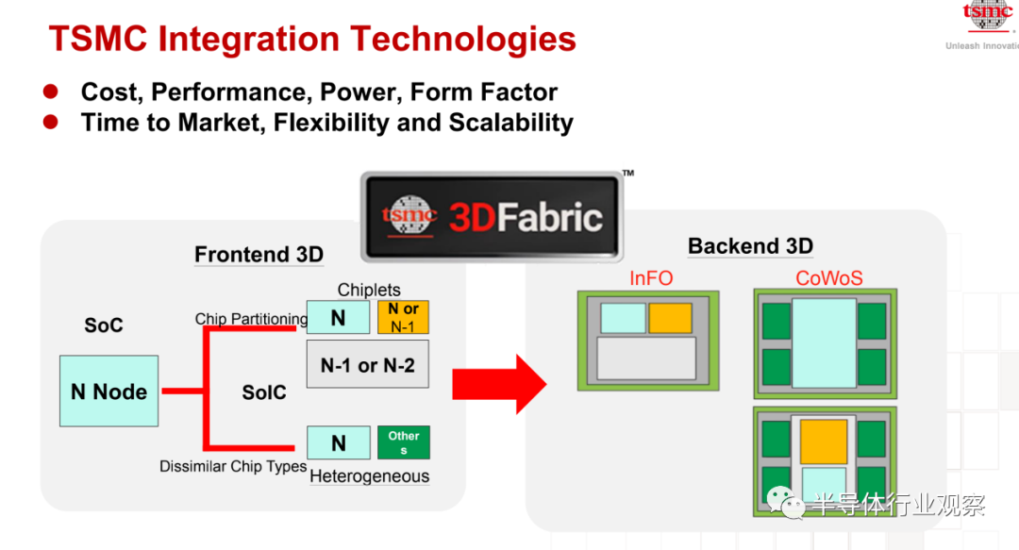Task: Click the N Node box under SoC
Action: point(109,391)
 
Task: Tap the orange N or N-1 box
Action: point(403,317)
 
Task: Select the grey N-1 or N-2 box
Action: point(368,364)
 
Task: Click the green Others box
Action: point(404,442)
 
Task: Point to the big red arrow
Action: point(499,384)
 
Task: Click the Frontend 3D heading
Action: point(259,254)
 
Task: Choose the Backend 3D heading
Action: point(751,245)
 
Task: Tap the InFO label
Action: point(650,278)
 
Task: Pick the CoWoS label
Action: point(829,278)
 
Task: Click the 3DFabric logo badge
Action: point(492,216)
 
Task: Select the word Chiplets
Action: point(369,290)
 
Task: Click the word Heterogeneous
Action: point(369,476)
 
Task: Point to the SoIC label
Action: point(264,392)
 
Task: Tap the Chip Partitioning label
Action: point(252,319)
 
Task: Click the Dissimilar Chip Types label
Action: point(233,466)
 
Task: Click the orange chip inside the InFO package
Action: point(670,318)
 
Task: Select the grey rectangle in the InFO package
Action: point(646,358)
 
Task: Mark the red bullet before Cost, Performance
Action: point(51,92)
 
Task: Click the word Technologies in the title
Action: point(463,39)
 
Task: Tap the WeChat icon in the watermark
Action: point(785,503)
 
